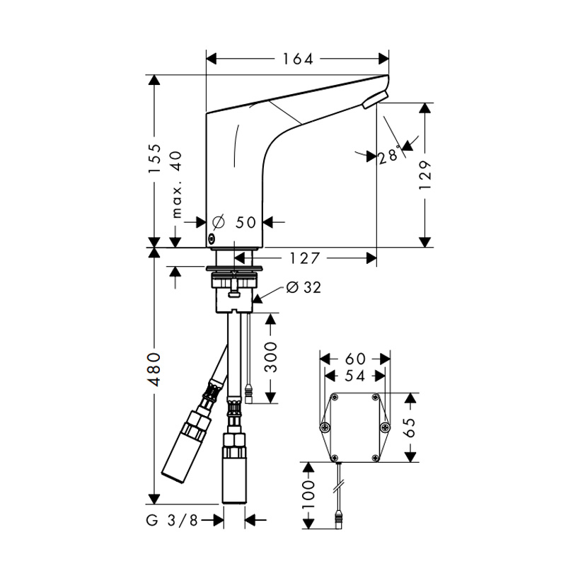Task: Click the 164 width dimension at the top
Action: point(297,59)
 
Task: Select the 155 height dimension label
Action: point(155,158)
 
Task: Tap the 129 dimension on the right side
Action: point(425,175)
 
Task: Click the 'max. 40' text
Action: point(176,185)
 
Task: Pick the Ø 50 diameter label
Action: point(234,222)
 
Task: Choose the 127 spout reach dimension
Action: point(305,258)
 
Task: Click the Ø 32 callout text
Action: point(304,287)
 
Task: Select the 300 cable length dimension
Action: point(271,358)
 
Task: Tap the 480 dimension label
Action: point(155,369)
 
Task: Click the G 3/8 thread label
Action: point(172,520)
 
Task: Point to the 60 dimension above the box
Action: point(355,359)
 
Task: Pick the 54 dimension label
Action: point(355,376)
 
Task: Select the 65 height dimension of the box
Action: point(410,427)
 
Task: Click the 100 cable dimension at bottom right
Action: point(308,495)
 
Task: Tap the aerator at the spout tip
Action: point(376,99)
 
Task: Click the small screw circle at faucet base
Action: point(211,238)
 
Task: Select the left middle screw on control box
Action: point(325,427)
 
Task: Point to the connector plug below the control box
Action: point(338,520)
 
